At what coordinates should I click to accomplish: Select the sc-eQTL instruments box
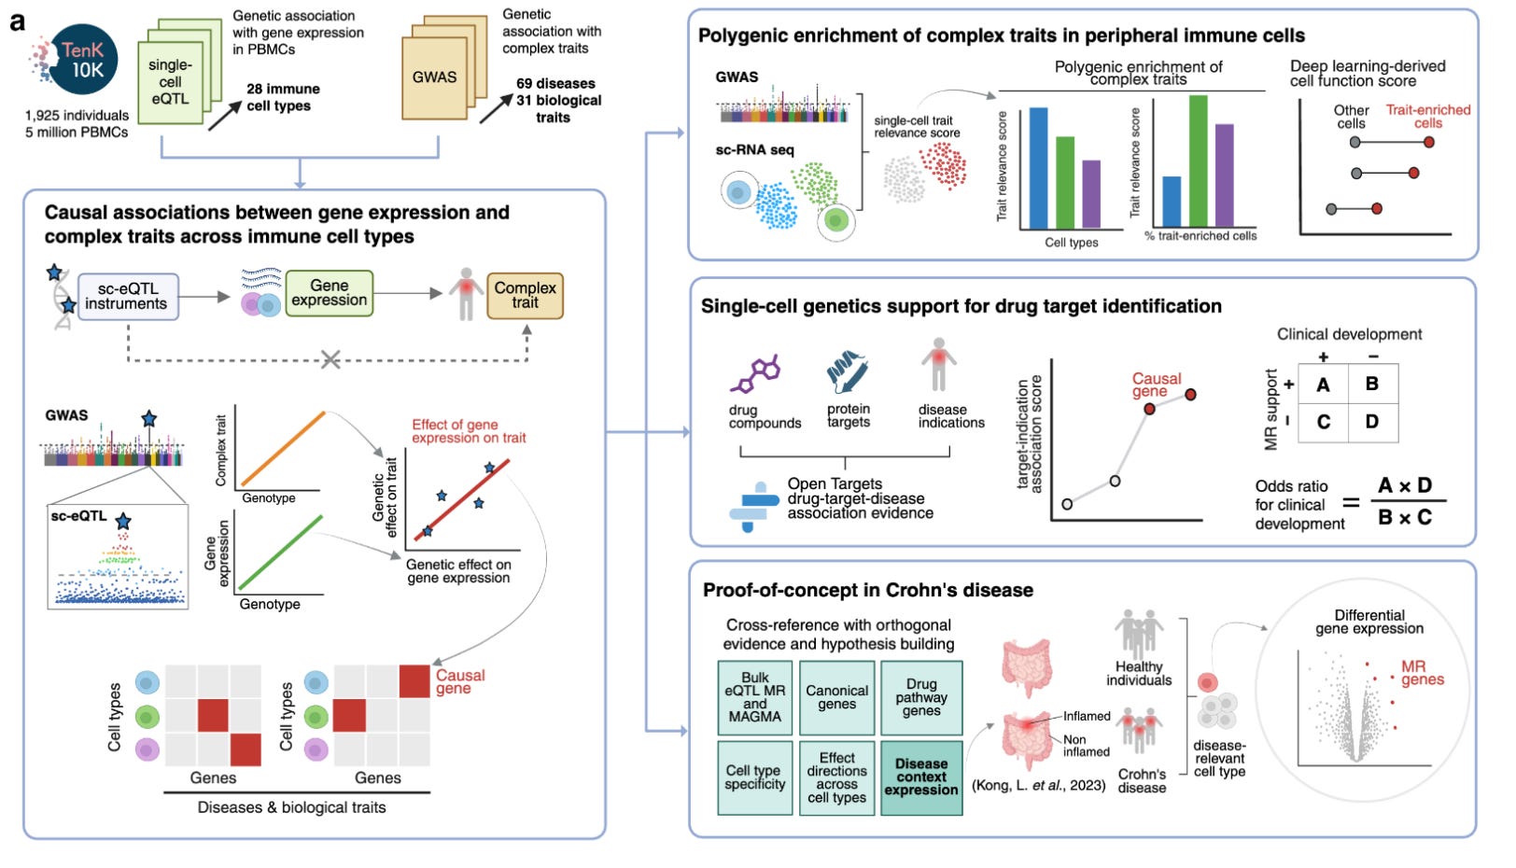click(127, 296)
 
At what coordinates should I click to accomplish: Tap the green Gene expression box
click(329, 293)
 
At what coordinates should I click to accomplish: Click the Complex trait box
click(525, 295)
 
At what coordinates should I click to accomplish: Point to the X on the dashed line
click(330, 360)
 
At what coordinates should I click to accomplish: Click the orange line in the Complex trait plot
click(283, 447)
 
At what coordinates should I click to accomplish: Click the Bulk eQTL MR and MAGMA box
click(755, 697)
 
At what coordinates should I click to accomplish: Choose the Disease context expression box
click(921, 777)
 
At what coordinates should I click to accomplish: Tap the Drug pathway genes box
click(921, 697)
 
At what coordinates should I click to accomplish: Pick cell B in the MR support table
click(1371, 384)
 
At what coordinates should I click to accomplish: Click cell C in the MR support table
click(1323, 422)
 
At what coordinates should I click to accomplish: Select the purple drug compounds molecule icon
click(754, 373)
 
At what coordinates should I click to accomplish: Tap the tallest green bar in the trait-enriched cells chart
click(1198, 161)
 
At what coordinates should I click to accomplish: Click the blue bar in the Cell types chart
click(1037, 168)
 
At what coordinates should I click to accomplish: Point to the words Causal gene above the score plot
click(1156, 385)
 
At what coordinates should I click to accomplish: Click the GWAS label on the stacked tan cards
click(435, 77)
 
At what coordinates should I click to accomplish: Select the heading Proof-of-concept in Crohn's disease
click(867, 590)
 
